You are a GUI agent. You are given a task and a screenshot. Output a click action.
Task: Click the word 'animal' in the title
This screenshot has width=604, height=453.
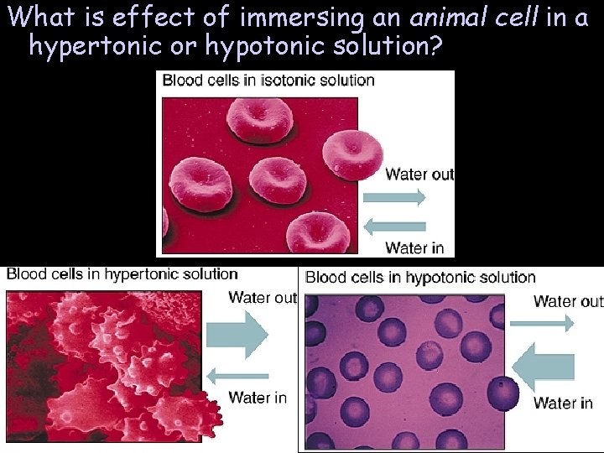[x=444, y=17]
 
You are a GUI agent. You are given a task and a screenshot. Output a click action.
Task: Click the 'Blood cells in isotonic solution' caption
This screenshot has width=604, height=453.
[x=268, y=81]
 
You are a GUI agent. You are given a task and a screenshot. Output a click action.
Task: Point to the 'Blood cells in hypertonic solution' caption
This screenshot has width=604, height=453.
[x=122, y=273]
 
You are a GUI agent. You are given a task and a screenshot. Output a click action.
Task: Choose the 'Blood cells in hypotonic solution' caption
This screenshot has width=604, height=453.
[x=420, y=277]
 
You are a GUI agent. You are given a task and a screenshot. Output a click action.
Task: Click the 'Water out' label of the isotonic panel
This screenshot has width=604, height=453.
[x=419, y=174]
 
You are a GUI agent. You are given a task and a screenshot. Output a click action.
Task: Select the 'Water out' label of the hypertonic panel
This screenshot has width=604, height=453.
[x=263, y=297]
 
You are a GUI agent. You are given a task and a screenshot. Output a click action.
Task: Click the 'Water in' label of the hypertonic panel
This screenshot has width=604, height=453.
[x=258, y=397]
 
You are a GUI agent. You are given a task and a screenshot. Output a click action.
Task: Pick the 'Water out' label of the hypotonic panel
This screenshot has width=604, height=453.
[x=568, y=301]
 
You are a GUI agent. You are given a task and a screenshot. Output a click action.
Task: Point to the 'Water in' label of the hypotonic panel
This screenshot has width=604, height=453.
[x=563, y=404]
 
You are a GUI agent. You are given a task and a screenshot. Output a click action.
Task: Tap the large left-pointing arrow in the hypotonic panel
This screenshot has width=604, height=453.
[x=543, y=367]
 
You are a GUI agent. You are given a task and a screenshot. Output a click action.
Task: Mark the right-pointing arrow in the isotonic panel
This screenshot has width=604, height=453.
[x=395, y=198]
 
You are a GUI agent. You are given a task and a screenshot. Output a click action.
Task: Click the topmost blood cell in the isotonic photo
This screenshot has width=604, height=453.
[x=260, y=120]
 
